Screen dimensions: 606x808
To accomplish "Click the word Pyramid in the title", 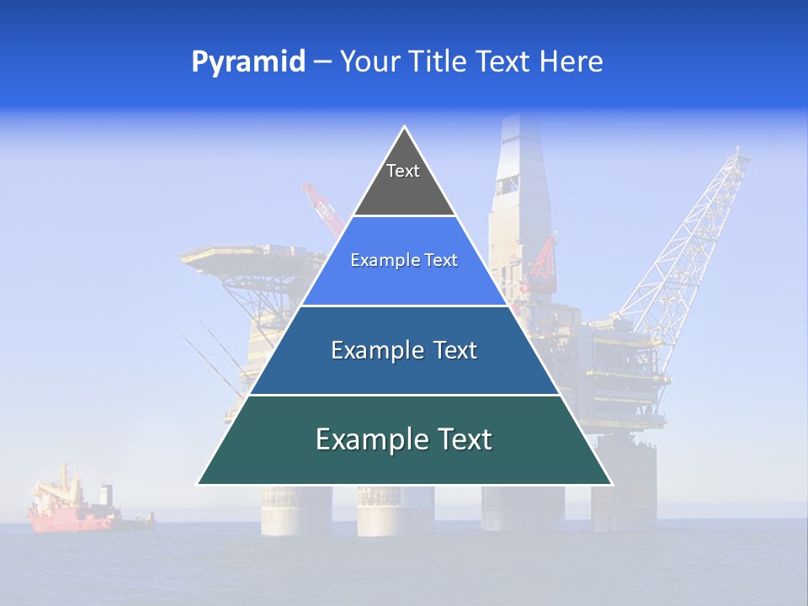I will coord(247,62).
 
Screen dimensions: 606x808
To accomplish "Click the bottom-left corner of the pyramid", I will coord(198,484).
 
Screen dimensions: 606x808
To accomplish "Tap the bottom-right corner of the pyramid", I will coord(611,484).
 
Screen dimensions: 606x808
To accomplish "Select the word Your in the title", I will coord(367,62).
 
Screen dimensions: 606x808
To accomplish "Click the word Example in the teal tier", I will coord(366,440).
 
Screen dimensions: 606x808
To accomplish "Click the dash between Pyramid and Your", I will coord(322,62).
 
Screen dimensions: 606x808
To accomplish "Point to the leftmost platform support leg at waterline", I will coord(284,513).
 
